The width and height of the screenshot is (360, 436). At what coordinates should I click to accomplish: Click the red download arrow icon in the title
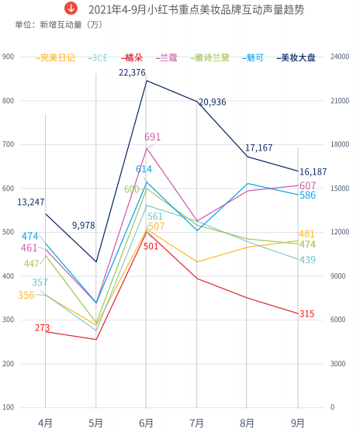71,9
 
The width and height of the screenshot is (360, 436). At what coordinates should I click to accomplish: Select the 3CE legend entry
98,57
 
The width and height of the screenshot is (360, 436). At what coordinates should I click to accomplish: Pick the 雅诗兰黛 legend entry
211,57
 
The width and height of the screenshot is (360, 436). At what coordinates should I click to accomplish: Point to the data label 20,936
212,102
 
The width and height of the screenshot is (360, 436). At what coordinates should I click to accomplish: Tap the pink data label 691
152,137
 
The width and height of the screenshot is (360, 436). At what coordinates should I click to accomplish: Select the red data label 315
306,313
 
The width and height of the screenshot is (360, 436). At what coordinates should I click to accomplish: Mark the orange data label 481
306,234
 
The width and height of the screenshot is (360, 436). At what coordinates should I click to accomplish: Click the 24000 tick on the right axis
341,57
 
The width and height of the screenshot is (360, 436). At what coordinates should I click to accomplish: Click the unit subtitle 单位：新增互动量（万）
59,25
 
